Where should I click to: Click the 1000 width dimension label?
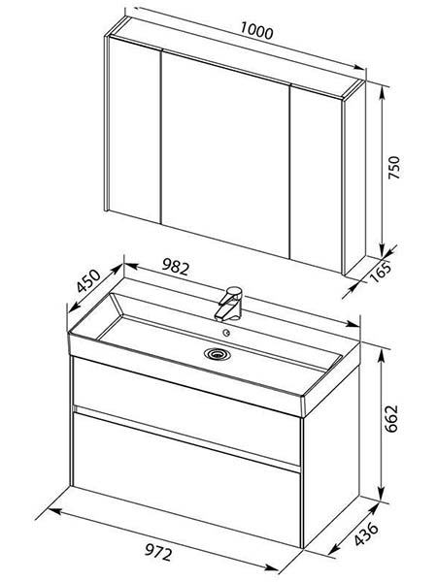pos(256,31)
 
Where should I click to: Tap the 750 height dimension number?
pos(394,168)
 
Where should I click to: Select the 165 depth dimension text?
pos(381,272)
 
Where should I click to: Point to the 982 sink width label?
pos(176,267)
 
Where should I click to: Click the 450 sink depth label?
pos(88,280)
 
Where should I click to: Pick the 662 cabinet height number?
pos(391,418)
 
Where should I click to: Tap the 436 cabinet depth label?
pos(366,534)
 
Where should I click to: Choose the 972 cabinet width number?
pos(158,552)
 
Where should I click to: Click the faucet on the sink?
pos(227,303)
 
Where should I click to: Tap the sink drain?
pos(218,353)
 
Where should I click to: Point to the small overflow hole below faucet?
pos(226,333)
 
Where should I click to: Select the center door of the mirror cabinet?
pos(225,153)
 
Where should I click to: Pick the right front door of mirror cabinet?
pos(316,179)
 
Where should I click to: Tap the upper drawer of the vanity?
pos(186,408)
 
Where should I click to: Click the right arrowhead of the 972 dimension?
pos(272,567)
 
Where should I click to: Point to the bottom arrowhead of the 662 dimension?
pos(382,495)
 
